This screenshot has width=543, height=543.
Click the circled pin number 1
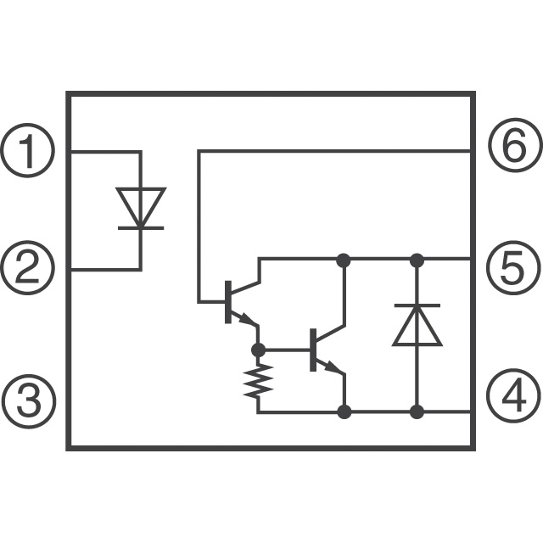pyautogui.click(x=27, y=151)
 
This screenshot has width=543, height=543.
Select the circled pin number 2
pyautogui.click(x=27, y=268)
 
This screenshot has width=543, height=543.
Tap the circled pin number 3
pyautogui.click(x=27, y=401)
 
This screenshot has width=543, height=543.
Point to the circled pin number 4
pyautogui.click(x=514, y=396)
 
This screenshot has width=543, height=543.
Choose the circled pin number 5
pyautogui.click(x=514, y=268)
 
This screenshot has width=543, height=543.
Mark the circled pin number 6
pyautogui.click(x=515, y=145)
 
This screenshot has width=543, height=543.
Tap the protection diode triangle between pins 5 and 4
pyautogui.click(x=417, y=326)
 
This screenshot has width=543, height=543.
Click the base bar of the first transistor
pyautogui.click(x=228, y=302)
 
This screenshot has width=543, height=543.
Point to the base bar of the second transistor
pyautogui.click(x=313, y=350)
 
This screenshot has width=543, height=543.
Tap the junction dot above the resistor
pyautogui.click(x=258, y=350)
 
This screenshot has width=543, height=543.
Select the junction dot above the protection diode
pyautogui.click(x=417, y=260)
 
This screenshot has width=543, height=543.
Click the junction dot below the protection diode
pyautogui.click(x=417, y=411)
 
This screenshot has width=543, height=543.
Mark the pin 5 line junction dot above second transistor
pyautogui.click(x=344, y=260)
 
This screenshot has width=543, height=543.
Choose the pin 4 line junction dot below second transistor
pyautogui.click(x=344, y=411)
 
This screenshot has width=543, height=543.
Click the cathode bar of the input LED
pyautogui.click(x=141, y=228)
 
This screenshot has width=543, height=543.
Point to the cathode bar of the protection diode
pyautogui.click(x=417, y=305)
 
